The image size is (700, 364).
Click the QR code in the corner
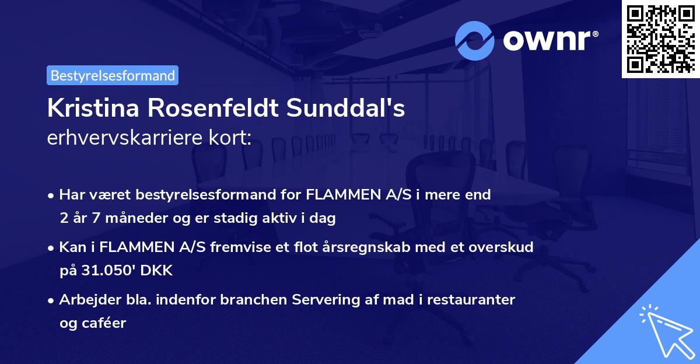661,39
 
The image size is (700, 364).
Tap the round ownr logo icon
475,40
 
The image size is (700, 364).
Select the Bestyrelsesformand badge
113,75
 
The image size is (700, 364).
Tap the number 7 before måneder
93,219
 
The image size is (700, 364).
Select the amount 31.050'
110,271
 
